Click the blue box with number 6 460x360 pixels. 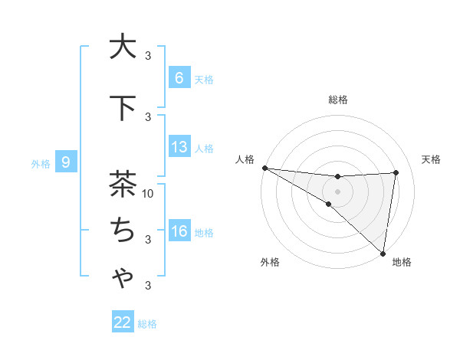[x=179, y=77]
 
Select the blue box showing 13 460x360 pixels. [x=179, y=147]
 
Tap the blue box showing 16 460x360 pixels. [x=179, y=231]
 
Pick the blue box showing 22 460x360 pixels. [x=123, y=322]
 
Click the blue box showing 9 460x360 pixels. [x=67, y=162]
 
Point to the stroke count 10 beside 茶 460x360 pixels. [x=149, y=193]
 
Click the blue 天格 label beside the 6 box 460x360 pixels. [x=204, y=79]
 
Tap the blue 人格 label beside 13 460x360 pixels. [x=204, y=149]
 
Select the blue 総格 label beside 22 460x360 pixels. [x=148, y=324]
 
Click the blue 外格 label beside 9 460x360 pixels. [x=41, y=163]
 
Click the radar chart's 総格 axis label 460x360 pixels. [x=337, y=100]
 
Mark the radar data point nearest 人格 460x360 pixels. [x=264, y=167]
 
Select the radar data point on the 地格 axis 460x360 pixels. [x=383, y=253]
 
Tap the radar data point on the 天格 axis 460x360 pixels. [x=396, y=172]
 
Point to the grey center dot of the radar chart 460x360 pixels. [x=337, y=191]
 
